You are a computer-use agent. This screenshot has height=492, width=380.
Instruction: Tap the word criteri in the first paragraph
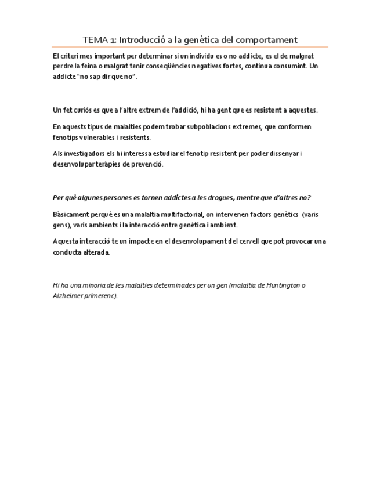68,56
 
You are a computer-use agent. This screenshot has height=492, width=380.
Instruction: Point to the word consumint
289,66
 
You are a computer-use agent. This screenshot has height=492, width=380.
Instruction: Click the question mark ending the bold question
309,198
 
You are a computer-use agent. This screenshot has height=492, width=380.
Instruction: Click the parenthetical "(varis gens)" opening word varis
310,215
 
